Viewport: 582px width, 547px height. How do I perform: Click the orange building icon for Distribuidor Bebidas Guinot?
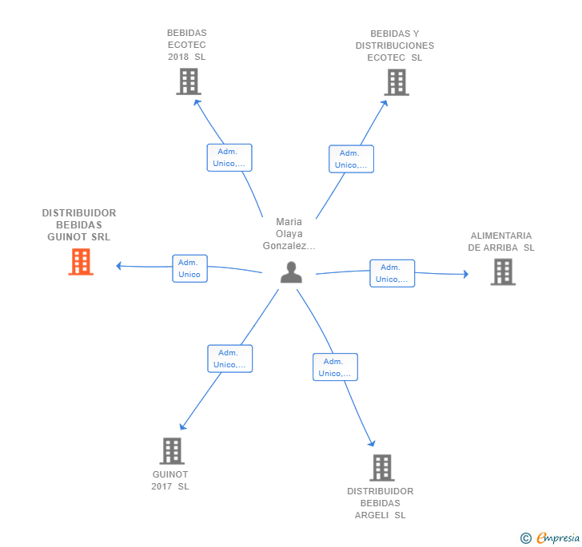81,262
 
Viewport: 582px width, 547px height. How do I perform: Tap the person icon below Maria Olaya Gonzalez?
291,272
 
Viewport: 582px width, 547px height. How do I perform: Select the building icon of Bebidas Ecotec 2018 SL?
189,81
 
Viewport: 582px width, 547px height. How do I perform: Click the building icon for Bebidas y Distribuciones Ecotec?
397,82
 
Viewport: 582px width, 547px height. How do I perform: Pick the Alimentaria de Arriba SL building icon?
503,272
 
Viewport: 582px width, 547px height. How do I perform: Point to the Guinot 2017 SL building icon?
172,451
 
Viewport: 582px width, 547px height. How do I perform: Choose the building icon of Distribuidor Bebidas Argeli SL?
382,468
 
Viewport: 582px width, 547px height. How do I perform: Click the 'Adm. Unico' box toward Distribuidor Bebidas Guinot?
189,268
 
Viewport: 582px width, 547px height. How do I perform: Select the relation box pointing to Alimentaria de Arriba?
392,273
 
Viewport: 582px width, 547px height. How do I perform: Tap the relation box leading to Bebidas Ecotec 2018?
229,157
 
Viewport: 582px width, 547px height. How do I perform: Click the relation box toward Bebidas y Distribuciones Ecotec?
351,159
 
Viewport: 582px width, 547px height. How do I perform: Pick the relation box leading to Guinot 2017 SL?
229,359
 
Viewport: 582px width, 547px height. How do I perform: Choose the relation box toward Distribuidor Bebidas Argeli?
335,367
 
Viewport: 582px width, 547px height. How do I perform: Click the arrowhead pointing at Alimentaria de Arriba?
466,274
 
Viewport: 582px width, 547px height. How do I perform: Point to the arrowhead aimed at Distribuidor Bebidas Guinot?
118,266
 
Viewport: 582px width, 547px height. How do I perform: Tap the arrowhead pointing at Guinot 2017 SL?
182,426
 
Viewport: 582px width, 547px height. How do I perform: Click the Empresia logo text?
558,537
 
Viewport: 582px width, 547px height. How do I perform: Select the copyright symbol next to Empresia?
525,538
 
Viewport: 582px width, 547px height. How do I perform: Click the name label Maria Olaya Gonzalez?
289,234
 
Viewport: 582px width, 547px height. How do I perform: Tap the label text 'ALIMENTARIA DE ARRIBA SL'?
501,241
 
